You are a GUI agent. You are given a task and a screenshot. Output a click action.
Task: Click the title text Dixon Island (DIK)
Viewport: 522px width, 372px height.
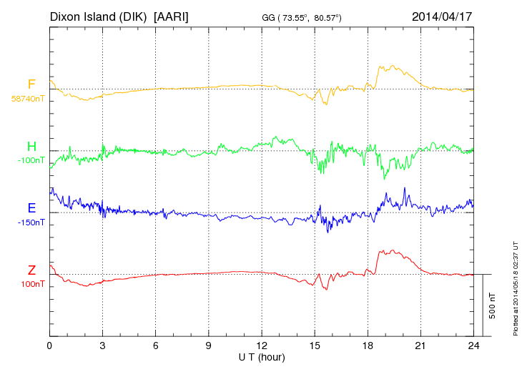(99, 16)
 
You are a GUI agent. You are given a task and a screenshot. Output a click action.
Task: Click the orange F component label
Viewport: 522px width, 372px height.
(31, 84)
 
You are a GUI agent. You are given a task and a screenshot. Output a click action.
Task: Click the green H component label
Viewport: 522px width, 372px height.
(31, 147)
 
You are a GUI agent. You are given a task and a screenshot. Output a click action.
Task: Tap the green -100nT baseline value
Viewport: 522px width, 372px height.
(31, 160)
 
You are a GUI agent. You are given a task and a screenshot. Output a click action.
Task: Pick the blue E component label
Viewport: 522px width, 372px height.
(31, 208)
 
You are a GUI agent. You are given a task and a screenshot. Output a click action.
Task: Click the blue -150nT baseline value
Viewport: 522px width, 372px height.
(31, 222)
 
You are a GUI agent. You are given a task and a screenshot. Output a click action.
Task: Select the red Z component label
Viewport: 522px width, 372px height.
(31, 270)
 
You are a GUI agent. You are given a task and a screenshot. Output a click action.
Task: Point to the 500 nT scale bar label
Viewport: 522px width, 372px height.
(493, 305)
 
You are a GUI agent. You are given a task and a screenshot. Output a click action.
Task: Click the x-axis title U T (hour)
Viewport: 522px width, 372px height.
(262, 356)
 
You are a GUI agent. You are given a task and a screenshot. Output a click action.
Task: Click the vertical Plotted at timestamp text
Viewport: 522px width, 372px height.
(515, 286)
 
